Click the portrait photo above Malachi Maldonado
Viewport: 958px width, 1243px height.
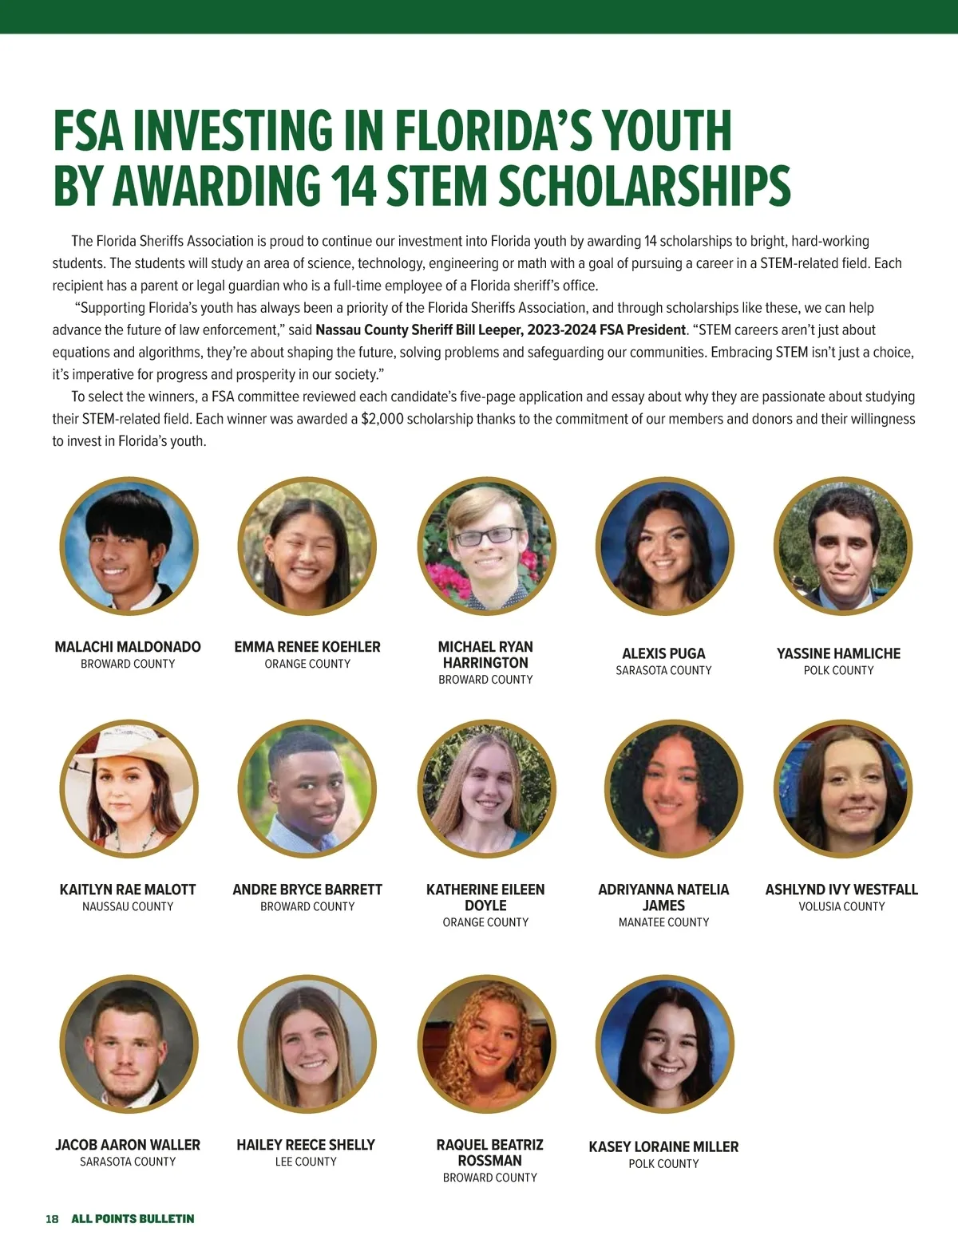pos(129,547)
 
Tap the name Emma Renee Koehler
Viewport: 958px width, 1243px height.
pos(307,647)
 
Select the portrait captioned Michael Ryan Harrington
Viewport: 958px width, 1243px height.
pos(486,547)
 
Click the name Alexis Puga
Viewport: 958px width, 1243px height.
pos(663,653)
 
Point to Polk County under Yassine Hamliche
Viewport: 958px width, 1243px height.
pos(838,671)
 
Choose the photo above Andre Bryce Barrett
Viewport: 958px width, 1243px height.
pos(307,789)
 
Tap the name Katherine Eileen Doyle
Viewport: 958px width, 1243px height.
pos(485,898)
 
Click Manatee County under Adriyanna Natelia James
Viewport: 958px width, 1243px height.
pos(663,922)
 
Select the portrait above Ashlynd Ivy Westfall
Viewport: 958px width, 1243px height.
pos(842,789)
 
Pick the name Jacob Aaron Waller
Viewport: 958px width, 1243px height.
pos(128,1145)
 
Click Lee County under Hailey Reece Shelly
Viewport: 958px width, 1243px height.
pos(306,1162)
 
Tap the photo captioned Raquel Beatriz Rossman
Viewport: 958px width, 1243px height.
pos(486,1044)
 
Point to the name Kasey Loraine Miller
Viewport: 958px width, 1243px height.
pos(663,1147)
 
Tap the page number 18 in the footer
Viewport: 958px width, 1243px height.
pos(52,1219)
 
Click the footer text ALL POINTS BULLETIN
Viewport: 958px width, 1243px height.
pos(133,1219)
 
